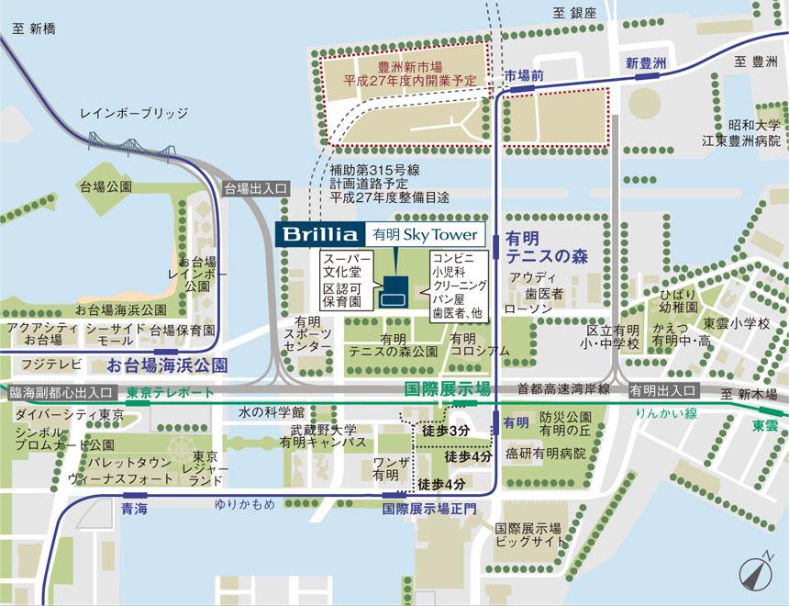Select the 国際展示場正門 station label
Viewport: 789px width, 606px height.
(x=417, y=507)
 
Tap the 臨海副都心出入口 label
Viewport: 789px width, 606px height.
(x=61, y=392)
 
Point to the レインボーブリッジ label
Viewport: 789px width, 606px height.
(x=134, y=113)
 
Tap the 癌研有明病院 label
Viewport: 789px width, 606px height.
(x=546, y=454)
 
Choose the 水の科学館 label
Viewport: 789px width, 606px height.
(x=271, y=411)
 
